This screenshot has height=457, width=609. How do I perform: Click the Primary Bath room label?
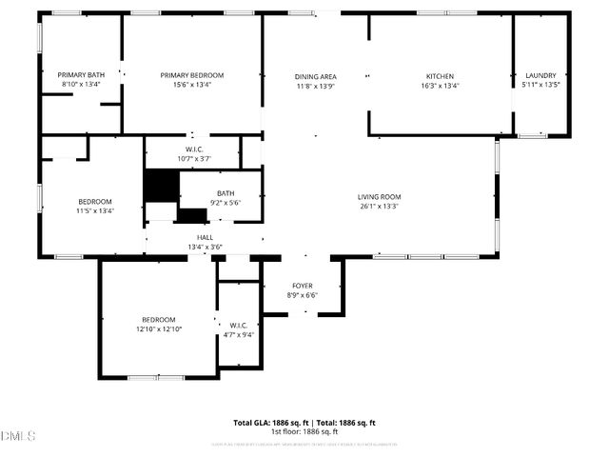tap(80, 75)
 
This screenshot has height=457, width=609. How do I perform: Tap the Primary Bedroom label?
tap(191, 75)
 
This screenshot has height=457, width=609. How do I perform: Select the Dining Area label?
tap(315, 76)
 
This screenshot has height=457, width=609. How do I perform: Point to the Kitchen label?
tap(440, 76)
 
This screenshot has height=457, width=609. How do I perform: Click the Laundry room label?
tap(540, 75)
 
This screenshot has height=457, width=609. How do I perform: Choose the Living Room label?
tap(379, 197)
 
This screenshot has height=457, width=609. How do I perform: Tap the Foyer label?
tap(302, 286)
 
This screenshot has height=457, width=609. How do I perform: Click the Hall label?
tap(205, 238)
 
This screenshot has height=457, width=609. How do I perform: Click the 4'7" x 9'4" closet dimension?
tap(238, 334)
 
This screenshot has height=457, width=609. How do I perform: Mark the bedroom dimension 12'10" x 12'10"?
tap(158, 329)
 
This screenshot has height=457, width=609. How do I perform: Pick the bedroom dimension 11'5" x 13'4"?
tap(95, 211)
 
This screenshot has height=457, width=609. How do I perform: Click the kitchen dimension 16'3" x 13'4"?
tap(440, 86)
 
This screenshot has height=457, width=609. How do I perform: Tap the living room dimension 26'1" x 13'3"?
tap(379, 207)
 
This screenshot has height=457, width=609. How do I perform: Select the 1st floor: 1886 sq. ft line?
tap(304, 432)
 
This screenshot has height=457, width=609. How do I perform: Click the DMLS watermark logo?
tap(18, 436)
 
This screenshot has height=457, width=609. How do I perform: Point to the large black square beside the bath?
tap(160, 185)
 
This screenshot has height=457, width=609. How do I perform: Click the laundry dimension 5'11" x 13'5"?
tap(540, 85)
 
